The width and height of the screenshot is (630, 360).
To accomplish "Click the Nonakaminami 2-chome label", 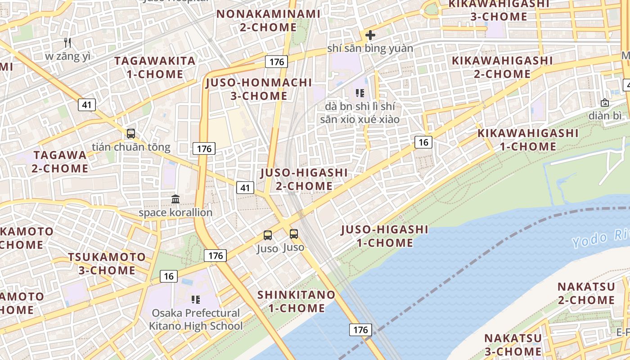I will point(268,21).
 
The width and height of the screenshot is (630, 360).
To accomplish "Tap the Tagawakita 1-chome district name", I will point(155,67).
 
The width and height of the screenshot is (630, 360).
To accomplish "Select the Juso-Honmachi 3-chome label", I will point(259,89).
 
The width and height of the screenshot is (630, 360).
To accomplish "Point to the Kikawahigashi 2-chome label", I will point(502,67).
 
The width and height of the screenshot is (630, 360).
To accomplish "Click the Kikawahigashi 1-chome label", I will point(528,139).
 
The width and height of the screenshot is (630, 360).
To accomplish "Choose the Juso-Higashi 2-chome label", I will point(304,179).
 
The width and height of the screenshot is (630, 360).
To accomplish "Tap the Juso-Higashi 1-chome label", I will point(385,236).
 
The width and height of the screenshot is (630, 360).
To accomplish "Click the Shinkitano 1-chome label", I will point(297,301).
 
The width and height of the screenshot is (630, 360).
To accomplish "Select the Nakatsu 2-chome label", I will point(586,293).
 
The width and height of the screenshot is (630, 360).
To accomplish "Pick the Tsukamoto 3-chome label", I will point(107,264).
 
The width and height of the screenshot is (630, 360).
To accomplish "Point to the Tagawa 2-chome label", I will point(60,162).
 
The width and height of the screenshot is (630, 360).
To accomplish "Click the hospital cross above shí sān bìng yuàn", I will point(370,35).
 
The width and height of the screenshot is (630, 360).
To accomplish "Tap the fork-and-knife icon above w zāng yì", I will point(67,43).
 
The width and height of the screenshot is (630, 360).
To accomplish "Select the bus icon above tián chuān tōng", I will point(131,134).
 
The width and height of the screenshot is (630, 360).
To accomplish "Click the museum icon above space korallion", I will point(175,199).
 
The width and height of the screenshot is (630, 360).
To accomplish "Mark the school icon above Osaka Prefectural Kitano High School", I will point(195,299).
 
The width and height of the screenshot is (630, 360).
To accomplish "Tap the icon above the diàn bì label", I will point(604,103).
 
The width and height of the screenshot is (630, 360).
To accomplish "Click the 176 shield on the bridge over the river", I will point(360,330).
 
